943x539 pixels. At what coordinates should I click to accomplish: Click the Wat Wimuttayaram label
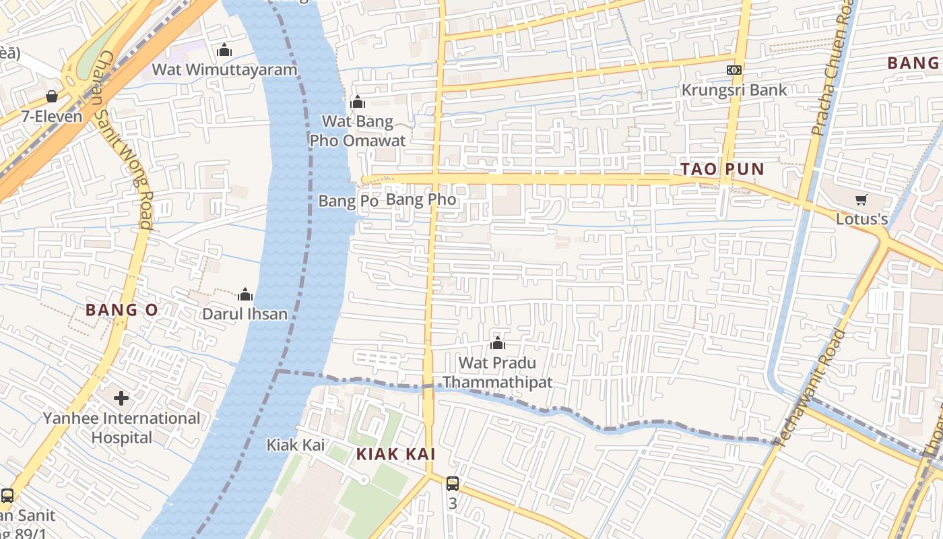[224, 69]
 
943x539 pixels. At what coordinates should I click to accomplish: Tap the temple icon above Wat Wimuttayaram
[224, 51]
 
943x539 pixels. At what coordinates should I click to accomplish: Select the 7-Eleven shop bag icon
[52, 96]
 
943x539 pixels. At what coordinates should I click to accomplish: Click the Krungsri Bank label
[734, 90]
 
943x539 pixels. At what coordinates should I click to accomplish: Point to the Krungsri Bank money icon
[734, 70]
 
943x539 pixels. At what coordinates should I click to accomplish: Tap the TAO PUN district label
[722, 169]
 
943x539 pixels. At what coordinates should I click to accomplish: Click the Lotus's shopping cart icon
[861, 199]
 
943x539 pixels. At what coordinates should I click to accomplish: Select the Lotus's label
[861, 219]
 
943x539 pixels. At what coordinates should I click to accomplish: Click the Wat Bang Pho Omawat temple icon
[358, 102]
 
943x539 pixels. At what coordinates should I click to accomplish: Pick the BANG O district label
[122, 310]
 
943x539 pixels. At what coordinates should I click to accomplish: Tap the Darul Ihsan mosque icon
[245, 294]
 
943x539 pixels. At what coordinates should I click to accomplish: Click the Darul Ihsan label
[245, 314]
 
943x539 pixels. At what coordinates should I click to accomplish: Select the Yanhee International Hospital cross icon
[121, 398]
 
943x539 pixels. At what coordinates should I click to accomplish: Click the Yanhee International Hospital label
[122, 428]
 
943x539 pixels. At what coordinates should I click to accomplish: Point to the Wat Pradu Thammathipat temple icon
[498, 344]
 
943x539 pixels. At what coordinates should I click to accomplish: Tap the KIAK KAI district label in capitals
[395, 454]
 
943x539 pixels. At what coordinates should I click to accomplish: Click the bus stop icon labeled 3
[453, 483]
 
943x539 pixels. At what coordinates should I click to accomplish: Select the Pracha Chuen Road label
[832, 67]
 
